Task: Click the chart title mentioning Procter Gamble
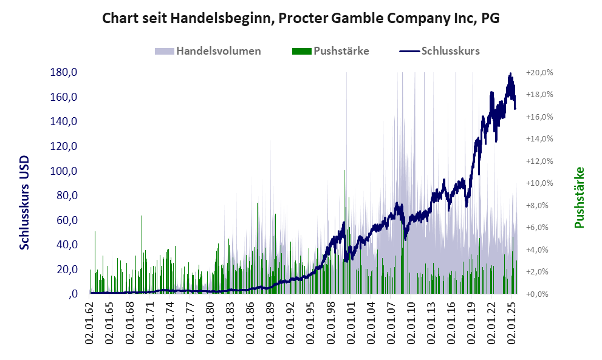301,18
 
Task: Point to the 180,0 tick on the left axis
64,73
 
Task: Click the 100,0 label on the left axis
64,171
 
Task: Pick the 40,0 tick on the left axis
67,245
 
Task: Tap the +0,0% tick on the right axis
539,294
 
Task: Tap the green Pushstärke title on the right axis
579,197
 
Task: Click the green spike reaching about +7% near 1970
142,217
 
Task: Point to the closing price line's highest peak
510,74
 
